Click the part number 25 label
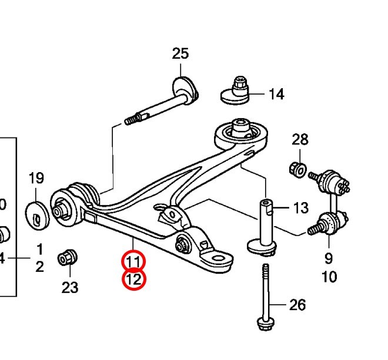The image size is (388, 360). tap(180, 53)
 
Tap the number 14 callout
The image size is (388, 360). tap(276, 94)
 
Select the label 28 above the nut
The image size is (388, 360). tap(300, 139)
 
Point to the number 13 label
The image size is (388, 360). tap(300, 208)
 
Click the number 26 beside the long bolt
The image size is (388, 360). tap(297, 305)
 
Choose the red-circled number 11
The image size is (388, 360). tap(133, 262)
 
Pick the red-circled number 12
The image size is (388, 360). tap(134, 280)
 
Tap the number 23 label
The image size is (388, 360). tap(70, 288)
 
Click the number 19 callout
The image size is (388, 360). tap(36, 178)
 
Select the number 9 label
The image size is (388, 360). tap(329, 258)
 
